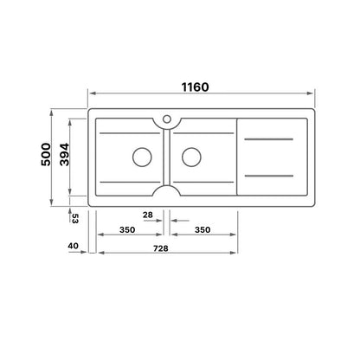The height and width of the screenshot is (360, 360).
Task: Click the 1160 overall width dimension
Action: [195, 87]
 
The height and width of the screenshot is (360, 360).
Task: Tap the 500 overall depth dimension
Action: [46, 154]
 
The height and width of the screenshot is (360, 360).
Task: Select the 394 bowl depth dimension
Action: [64, 154]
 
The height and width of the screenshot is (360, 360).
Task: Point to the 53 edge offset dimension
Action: [74, 218]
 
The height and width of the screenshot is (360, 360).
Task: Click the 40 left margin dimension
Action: [73, 246]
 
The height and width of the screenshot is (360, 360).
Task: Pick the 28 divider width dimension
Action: [148, 215]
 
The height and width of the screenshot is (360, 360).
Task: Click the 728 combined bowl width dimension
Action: [161, 248]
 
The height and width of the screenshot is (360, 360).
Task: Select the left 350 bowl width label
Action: [127, 230]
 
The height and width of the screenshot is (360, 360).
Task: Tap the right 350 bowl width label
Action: [202, 230]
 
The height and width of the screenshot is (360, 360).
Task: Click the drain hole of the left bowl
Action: [142, 157]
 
